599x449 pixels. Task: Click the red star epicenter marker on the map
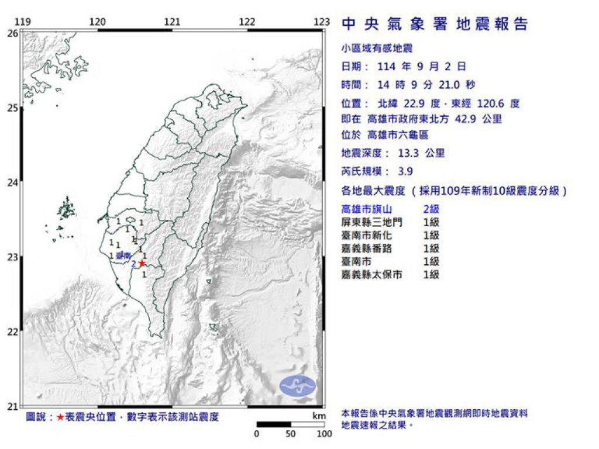[142, 263]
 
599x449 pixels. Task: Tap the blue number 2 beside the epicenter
[134, 264]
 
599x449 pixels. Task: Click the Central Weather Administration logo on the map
[297, 385]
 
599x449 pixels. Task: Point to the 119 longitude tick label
[22, 22]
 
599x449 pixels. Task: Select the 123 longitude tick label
[322, 22]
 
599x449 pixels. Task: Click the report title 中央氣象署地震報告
[435, 24]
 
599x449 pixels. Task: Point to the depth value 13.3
[404, 154]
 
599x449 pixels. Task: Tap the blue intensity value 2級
[432, 209]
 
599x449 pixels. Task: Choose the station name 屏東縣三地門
[369, 222]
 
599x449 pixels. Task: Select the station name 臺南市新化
[365, 236]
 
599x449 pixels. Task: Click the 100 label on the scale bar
[324, 434]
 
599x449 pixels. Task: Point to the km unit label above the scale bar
[319, 416]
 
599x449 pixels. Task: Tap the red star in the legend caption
[61, 417]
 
